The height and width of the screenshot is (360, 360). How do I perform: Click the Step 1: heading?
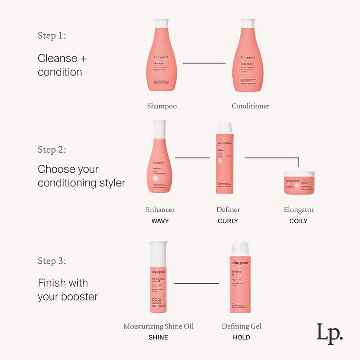tap(52, 36)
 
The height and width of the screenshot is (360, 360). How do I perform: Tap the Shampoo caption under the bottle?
tap(162, 106)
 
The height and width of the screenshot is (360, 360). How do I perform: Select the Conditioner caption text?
tap(251, 106)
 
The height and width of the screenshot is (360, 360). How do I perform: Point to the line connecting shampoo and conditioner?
tap(204, 63)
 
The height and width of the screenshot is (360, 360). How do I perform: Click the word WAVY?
tap(160, 221)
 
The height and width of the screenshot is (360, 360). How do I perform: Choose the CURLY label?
tap(228, 221)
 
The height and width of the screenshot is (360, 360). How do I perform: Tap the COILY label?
tap(298, 221)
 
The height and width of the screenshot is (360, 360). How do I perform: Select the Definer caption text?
tap(228, 210)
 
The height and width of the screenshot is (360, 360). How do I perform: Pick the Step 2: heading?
tap(52, 150)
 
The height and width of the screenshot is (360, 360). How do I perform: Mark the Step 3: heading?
tap(52, 261)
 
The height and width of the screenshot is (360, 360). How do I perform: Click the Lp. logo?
tap(329, 333)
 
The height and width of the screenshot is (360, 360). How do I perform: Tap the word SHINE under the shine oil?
tap(158, 337)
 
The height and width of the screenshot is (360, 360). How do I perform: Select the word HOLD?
tap(241, 337)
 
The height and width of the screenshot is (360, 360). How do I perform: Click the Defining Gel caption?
tap(241, 326)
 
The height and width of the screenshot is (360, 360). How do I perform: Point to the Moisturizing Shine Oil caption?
tap(158, 326)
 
